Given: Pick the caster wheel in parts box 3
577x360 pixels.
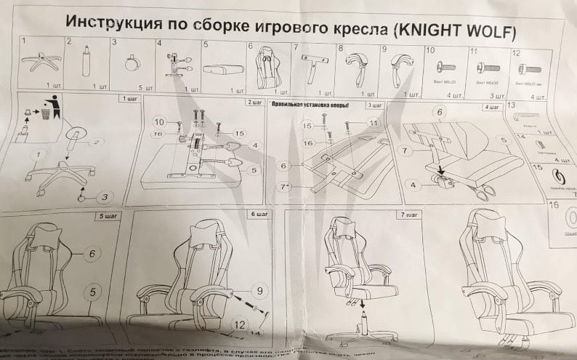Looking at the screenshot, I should (x=132, y=63).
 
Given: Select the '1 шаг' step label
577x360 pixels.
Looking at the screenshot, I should (x=129, y=97).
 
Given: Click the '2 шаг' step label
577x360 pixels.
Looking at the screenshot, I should (x=254, y=102).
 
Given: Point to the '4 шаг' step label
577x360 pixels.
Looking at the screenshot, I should (x=493, y=108).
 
